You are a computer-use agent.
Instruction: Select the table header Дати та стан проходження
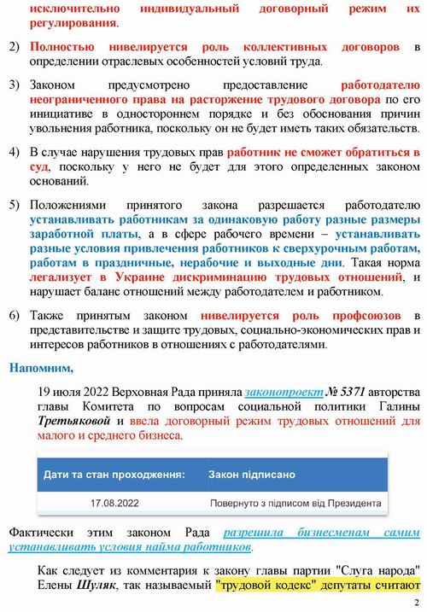point(114,472)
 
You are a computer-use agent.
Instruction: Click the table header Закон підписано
point(252,472)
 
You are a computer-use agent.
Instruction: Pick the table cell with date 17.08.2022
point(114,504)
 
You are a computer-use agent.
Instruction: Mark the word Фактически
point(41,532)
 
